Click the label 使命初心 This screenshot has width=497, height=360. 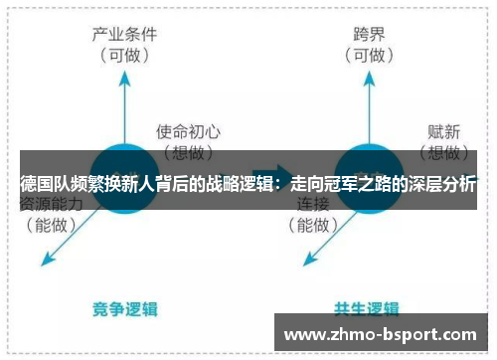187,129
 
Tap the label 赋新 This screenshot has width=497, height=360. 445,129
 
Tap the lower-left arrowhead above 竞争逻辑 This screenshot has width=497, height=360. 43,264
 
